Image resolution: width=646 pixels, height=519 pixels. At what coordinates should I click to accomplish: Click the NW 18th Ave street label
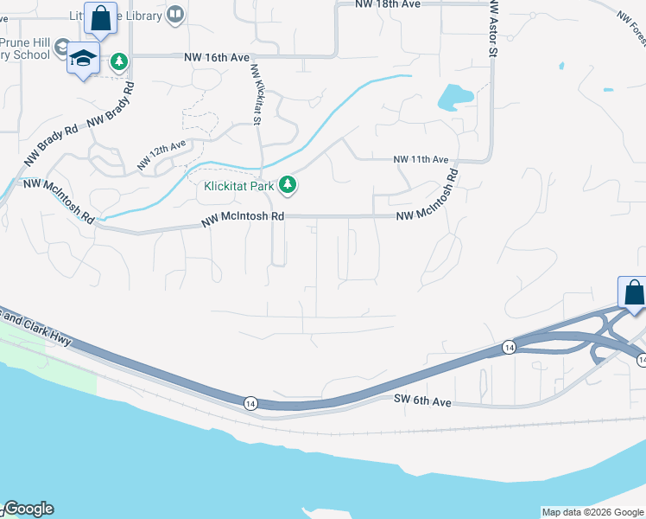[387, 4]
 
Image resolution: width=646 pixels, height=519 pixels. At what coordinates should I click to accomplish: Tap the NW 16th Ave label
[216, 57]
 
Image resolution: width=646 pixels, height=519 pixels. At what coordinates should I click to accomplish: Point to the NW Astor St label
[493, 29]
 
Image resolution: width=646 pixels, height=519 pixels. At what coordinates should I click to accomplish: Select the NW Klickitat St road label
[256, 95]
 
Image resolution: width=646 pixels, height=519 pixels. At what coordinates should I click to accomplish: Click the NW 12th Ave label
[161, 155]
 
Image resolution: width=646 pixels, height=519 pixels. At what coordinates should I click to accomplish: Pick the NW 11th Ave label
[421, 160]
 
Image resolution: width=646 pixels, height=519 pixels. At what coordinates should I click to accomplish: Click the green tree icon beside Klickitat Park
[291, 184]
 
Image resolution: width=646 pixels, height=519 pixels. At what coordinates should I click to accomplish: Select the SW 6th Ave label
[422, 401]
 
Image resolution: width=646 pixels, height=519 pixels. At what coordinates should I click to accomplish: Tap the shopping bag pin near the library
[101, 18]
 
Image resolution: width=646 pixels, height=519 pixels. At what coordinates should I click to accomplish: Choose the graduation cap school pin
[83, 58]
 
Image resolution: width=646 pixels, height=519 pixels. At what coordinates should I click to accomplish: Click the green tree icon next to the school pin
[119, 61]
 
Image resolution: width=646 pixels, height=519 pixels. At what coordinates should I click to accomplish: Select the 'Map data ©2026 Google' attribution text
[592, 512]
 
